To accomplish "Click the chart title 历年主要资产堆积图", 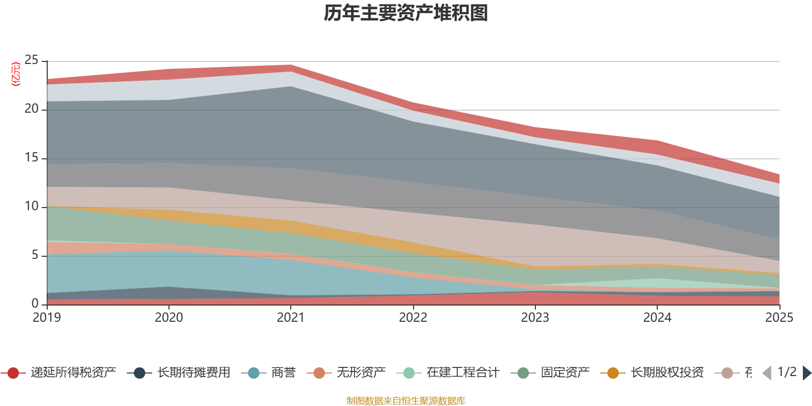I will [x=406, y=13].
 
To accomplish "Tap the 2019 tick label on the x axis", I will [x=47, y=318].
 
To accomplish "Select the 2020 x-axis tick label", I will [x=169, y=318].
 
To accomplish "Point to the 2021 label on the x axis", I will [x=291, y=318].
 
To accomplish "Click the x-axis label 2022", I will [x=413, y=318].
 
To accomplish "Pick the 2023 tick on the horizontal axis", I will [x=535, y=318].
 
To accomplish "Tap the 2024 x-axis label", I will [x=657, y=318].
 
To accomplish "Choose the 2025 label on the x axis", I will [x=779, y=318].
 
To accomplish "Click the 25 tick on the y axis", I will [x=31, y=60].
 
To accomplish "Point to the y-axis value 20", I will [x=31, y=109].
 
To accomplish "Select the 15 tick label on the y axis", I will [x=31, y=158].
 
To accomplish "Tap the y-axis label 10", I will [x=31, y=207].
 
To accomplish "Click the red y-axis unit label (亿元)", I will [x=16, y=74].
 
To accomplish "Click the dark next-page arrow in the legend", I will [x=806, y=373].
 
